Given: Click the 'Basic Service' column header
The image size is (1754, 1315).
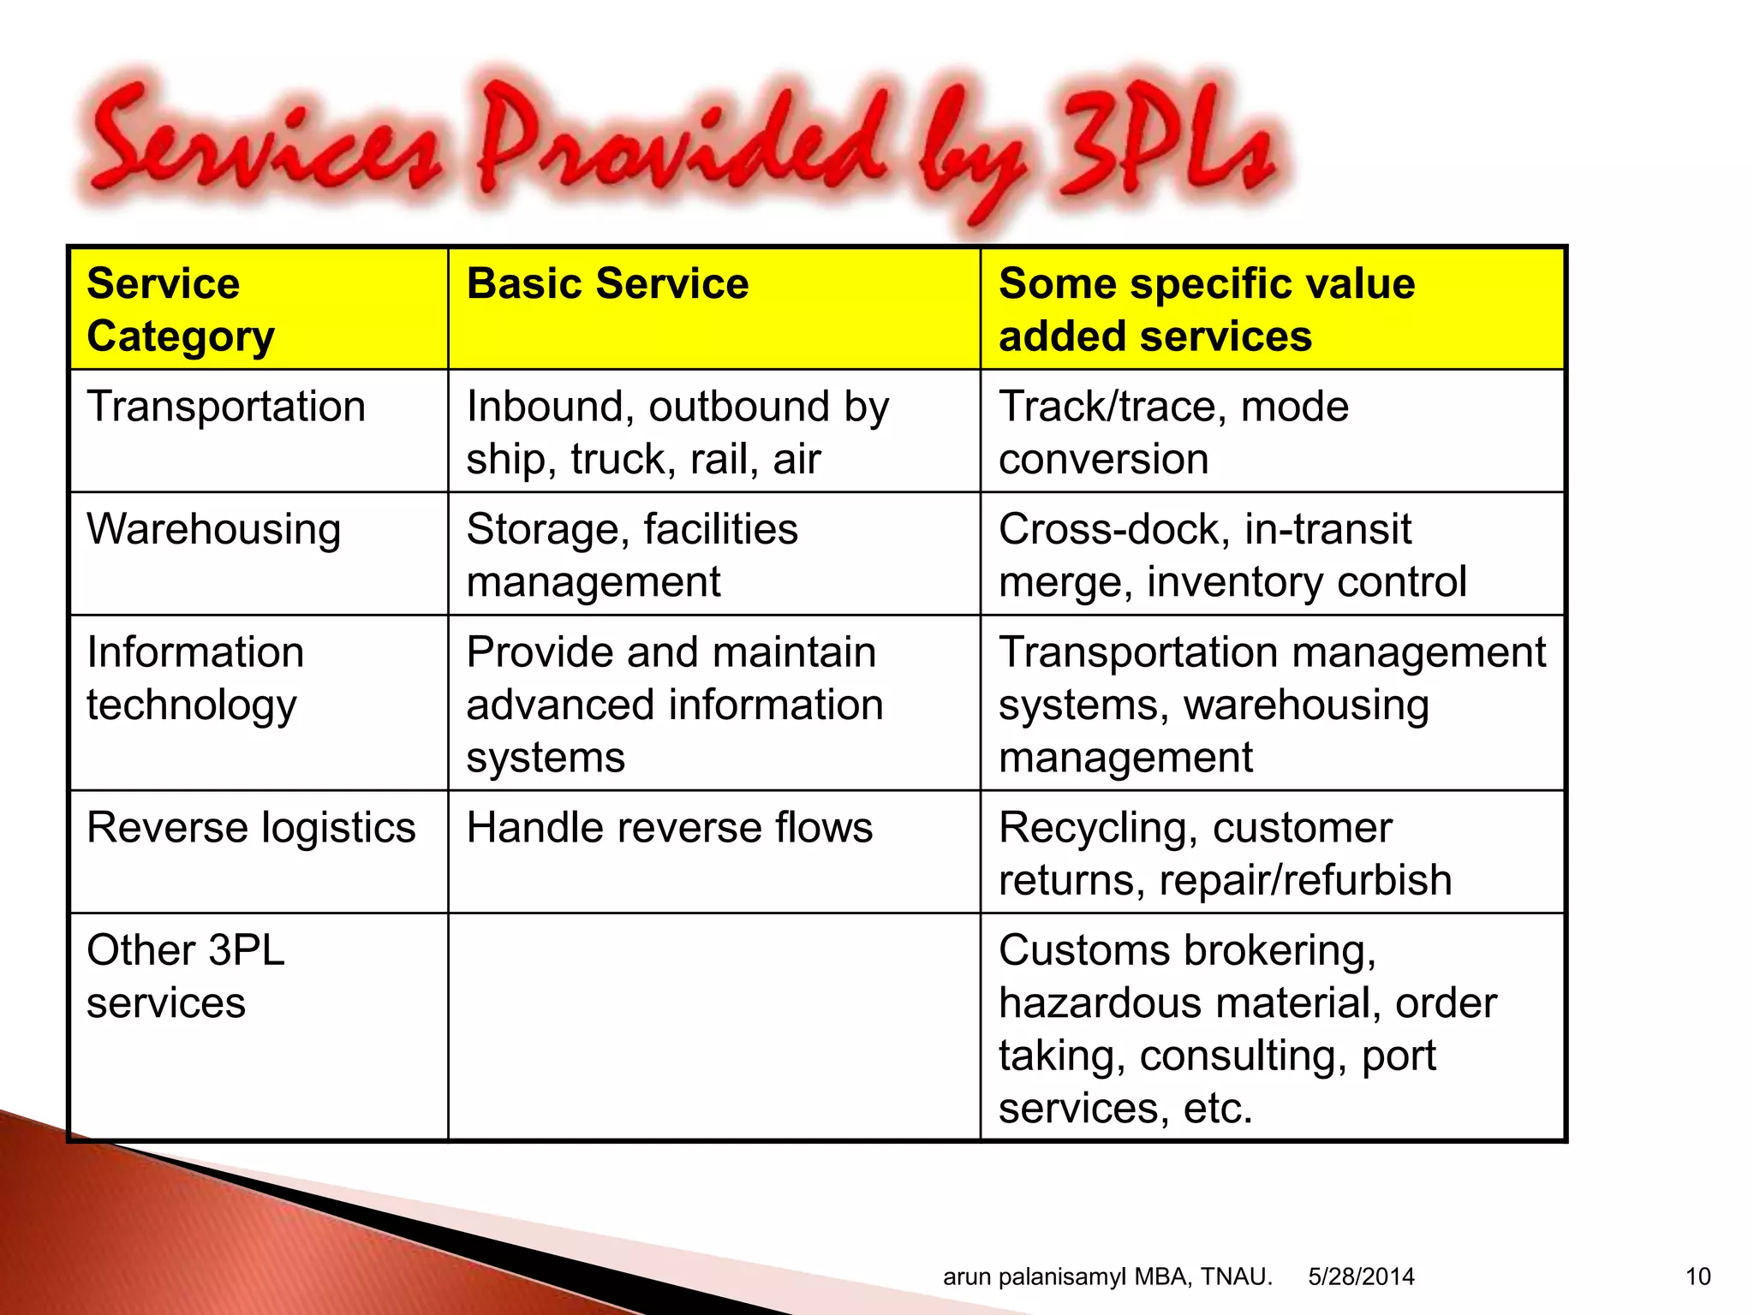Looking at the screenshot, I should click(607, 284).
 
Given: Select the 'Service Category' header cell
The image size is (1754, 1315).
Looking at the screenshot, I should click(180, 309).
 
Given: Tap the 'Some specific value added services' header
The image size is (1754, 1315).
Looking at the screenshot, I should click(1206, 309).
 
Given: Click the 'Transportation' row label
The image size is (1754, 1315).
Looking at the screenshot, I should click(226, 407).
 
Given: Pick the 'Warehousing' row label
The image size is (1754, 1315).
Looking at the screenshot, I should click(213, 529).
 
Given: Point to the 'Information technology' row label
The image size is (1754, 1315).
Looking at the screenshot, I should click(195, 678).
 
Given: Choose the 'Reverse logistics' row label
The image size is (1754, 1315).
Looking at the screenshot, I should click(251, 828).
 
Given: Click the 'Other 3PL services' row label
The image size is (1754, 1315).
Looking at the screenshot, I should click(185, 976).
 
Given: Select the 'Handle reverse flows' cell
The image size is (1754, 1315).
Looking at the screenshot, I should click(669, 828).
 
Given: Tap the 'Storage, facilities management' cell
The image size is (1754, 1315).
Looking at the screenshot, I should click(632, 555).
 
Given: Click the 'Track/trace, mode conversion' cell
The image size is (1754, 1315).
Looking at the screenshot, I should click(1173, 432).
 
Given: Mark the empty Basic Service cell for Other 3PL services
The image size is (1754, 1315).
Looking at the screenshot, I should click(713, 1027).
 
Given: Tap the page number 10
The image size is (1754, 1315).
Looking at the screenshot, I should click(1697, 1277).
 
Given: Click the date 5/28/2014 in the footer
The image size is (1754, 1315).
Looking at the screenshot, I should click(1361, 1277).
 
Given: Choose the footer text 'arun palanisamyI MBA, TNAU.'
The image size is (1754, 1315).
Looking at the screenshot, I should click(1107, 1277).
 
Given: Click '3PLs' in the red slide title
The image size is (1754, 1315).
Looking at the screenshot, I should click(1165, 146).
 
